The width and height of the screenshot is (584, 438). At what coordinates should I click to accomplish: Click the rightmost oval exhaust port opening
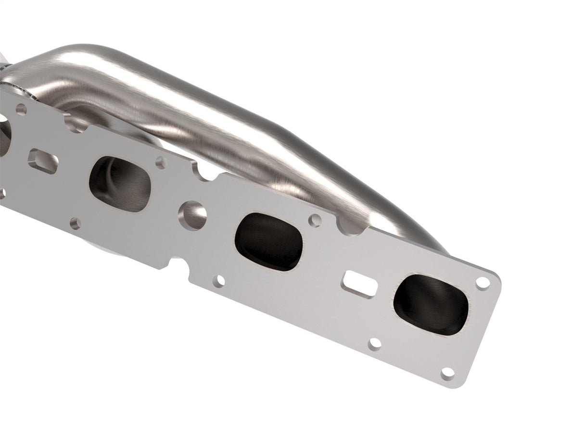(x=431, y=304)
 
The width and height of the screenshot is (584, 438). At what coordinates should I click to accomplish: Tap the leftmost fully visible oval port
(x=121, y=184)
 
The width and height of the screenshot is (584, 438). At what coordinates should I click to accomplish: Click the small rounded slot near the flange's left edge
(x=43, y=160)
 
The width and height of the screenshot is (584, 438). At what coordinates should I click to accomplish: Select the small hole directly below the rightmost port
(x=374, y=344)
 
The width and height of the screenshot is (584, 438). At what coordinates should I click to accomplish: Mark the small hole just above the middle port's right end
(x=315, y=220)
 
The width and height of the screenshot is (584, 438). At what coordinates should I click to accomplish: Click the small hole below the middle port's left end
(x=220, y=280)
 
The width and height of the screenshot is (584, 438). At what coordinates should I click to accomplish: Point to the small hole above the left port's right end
(x=161, y=162)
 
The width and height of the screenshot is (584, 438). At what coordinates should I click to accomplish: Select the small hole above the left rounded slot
(x=21, y=109)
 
